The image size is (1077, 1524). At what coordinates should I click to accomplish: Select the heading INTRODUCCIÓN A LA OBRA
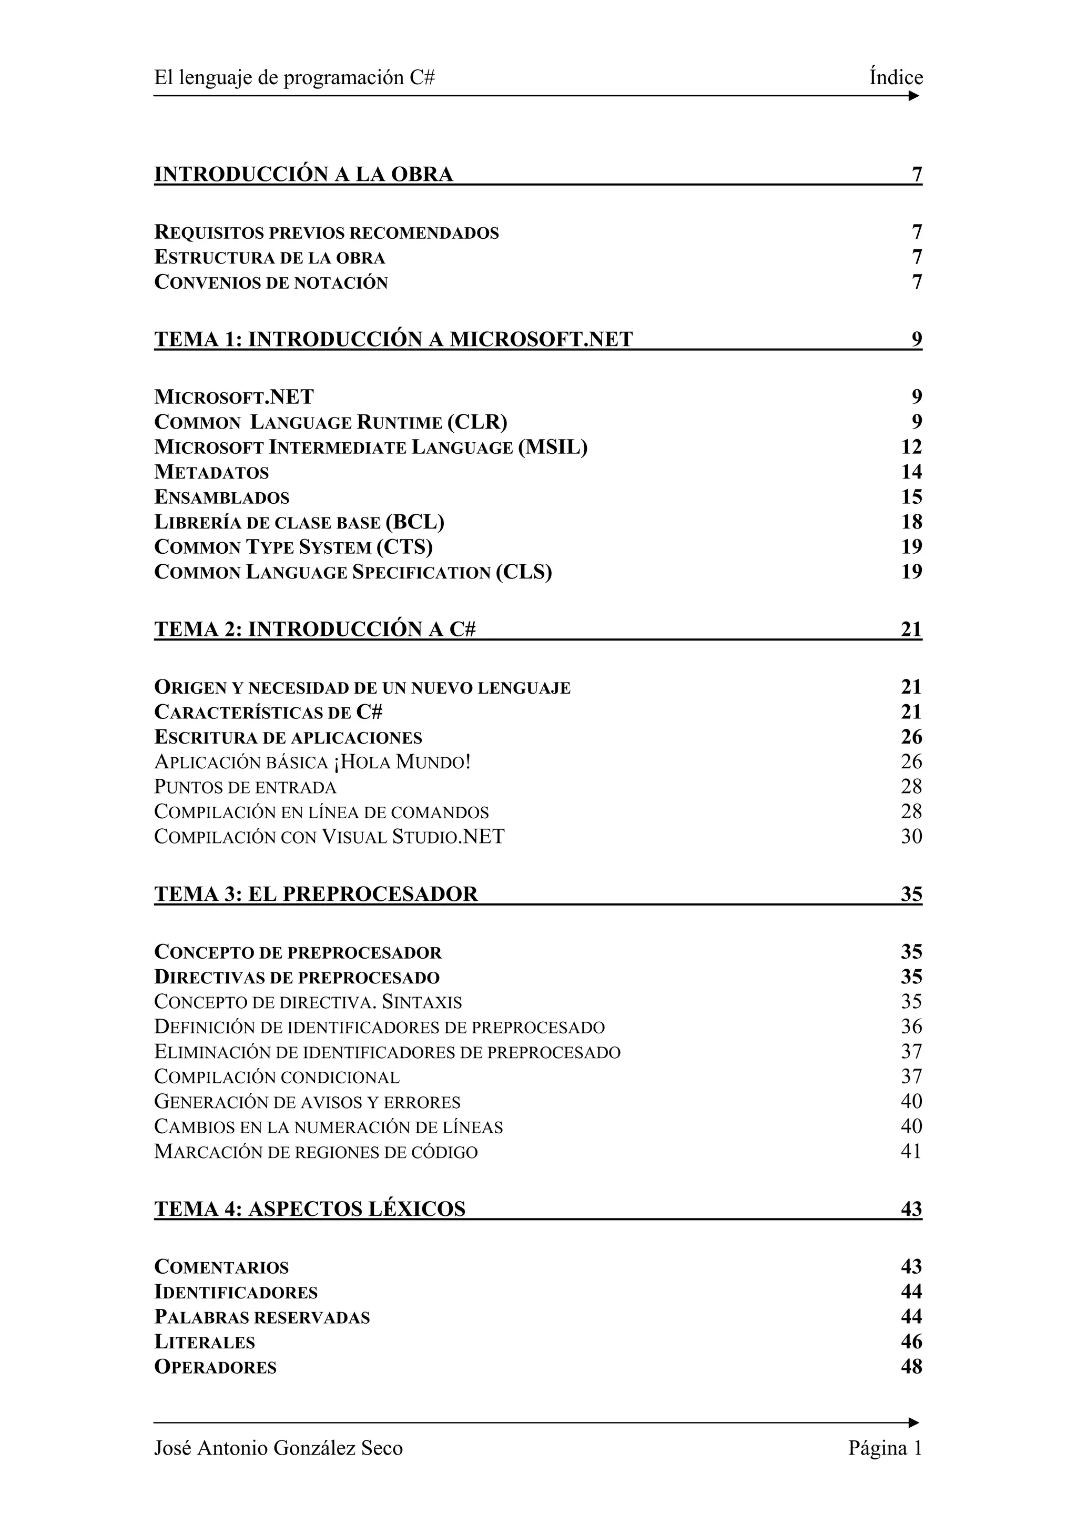[x=303, y=174]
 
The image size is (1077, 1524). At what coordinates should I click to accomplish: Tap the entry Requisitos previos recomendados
[x=326, y=232]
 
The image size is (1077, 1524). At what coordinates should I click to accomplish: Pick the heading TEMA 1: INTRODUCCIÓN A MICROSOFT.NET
[x=393, y=339]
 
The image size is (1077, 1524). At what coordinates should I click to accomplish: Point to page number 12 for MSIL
[x=911, y=446]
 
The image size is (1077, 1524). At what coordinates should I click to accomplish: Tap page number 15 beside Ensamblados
[x=911, y=496]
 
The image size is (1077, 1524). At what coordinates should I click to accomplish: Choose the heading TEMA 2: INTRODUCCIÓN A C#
[x=314, y=628]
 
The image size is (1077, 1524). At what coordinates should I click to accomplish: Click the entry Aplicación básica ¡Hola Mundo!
[x=312, y=761]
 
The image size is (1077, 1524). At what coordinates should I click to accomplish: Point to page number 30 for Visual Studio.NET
[x=911, y=836]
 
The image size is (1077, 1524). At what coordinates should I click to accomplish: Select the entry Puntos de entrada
[x=245, y=787]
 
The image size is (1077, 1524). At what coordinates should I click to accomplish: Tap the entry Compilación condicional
[x=276, y=1076]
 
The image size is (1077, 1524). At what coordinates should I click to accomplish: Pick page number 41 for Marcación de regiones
[x=911, y=1151]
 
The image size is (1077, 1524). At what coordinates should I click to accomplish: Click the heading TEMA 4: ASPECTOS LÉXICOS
[x=309, y=1208]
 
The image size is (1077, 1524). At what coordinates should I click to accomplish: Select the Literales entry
[x=205, y=1342]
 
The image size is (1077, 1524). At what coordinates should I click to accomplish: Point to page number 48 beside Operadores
[x=911, y=1366]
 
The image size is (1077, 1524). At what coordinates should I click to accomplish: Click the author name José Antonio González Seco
[x=278, y=1448]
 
